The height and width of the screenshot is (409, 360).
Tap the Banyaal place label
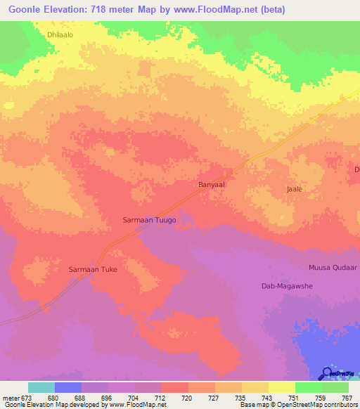point(210,186)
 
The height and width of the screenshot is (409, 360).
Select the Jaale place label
point(295,190)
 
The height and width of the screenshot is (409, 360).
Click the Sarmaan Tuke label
point(92,269)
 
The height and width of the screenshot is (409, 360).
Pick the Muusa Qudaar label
point(333,268)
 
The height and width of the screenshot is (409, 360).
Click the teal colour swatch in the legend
point(41,387)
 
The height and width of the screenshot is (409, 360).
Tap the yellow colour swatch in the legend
point(281,387)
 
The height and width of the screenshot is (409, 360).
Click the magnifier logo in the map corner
point(327,373)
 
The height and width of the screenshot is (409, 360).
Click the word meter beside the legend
point(11,397)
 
